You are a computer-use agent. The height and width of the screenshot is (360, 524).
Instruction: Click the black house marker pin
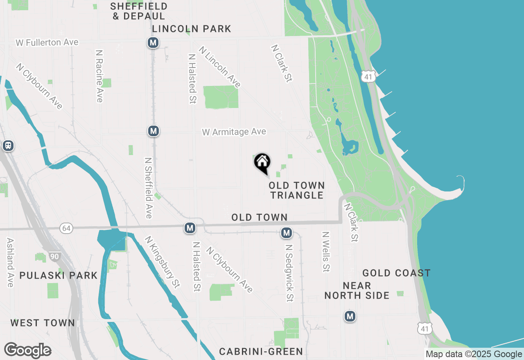click(x=262, y=163)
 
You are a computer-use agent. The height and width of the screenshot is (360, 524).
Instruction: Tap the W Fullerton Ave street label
click(x=47, y=43)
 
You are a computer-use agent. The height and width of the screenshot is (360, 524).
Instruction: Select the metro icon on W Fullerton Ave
click(x=153, y=43)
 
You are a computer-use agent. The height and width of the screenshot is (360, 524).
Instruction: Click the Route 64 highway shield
click(x=66, y=228)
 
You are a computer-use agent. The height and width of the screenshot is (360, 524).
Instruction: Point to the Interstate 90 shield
click(x=54, y=256)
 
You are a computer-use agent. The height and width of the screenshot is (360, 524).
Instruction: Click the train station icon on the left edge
click(x=8, y=146)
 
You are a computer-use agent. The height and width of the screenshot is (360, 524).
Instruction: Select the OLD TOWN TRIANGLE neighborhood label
click(x=297, y=190)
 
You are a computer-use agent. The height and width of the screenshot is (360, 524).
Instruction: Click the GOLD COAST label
click(x=396, y=273)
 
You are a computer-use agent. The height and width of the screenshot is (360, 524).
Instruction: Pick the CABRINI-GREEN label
click(x=261, y=351)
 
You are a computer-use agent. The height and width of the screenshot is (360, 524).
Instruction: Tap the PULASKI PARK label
click(x=59, y=275)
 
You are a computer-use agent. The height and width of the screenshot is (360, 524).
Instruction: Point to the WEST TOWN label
click(x=43, y=323)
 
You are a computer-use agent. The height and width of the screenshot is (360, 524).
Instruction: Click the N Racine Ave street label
click(x=99, y=76)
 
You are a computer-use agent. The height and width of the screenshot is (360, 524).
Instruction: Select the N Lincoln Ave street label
click(x=220, y=67)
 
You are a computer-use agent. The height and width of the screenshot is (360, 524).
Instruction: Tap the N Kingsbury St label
click(x=163, y=262)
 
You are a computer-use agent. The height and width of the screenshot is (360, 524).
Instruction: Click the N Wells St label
click(x=326, y=252)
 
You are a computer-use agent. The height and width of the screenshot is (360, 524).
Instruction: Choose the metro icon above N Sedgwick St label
click(x=286, y=233)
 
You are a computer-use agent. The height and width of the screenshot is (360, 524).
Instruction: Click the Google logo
click(x=27, y=351)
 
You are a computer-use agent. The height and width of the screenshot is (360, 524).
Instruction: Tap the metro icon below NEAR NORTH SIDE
click(x=350, y=316)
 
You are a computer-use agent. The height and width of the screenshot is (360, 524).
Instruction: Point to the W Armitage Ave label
click(x=234, y=132)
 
